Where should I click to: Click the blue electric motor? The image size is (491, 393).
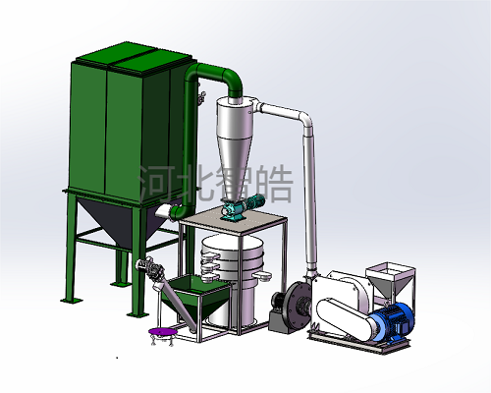tap(392, 322)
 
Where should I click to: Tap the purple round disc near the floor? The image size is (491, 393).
tap(163, 332)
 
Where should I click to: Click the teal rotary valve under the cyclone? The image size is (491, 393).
tap(231, 210)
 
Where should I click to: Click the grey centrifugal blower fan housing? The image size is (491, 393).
tap(297, 306)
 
